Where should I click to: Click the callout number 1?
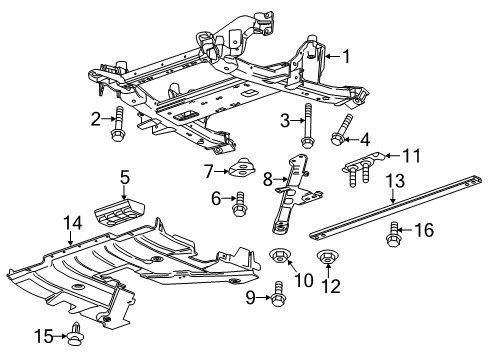pos(345,57)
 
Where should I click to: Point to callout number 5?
pos(125,178)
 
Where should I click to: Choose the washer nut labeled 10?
pos(282,261)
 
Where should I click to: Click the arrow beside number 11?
pos(392,156)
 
